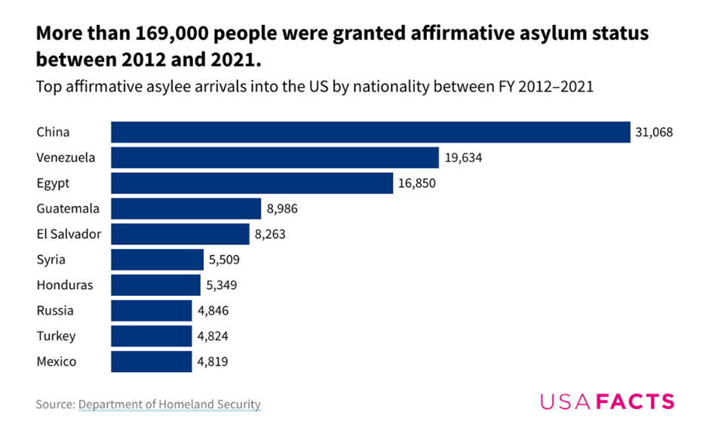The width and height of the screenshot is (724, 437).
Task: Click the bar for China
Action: pos(370,132)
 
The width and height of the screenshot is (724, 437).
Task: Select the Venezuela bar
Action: pos(275,158)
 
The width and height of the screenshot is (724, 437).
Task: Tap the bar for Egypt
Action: pos(252,183)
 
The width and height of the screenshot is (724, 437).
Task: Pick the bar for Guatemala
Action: pos(186,208)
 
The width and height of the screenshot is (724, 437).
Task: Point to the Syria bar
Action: pos(157,260)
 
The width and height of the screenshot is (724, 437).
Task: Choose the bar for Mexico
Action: pos(152,362)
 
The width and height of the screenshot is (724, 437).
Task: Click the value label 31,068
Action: pos(654,132)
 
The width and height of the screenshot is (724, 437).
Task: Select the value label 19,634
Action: pos(462,158)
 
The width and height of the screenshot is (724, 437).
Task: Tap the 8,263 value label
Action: pos(270,234)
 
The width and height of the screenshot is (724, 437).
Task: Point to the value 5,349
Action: pos(222,285)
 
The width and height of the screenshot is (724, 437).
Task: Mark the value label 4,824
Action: pos(213,336)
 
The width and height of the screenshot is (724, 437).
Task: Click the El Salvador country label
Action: pos(69,234)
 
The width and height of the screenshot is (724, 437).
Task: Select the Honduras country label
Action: pos(65,285)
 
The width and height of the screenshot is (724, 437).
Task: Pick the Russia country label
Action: pos(55,310)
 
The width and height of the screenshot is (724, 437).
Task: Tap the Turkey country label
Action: pos(56,336)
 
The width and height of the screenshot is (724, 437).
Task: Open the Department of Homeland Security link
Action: pos(169,405)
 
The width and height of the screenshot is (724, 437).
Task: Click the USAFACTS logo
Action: pos(606,402)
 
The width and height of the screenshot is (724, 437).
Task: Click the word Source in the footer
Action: pos(54,405)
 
